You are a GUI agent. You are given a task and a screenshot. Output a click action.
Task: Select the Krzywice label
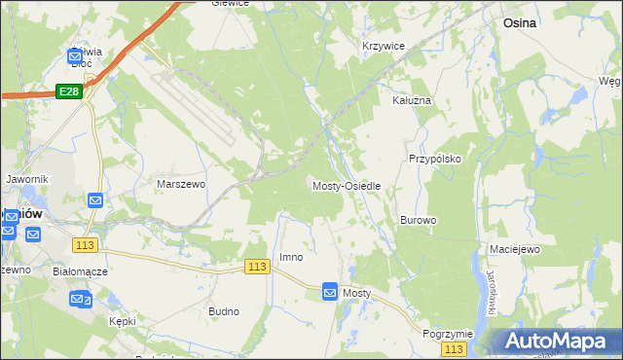pos(383,46)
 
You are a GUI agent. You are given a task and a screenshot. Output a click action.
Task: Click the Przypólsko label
pos(434,159)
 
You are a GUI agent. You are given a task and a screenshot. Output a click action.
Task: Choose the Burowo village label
pos(418,221)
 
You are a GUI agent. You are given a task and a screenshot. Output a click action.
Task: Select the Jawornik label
pos(26,180)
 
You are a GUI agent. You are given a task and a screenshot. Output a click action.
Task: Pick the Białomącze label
pos(80,272)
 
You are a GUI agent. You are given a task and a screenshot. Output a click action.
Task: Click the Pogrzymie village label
pos(448,334)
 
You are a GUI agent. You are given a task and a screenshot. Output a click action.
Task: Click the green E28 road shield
pos(68,90)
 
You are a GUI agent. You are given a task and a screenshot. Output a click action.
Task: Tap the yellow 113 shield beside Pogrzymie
pos(453,348)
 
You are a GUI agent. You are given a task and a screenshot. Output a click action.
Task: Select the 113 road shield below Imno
pos(257,268)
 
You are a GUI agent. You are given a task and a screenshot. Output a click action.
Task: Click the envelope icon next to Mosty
pos(330,292)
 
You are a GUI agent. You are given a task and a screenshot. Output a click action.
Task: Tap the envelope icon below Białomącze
pos(79,300)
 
